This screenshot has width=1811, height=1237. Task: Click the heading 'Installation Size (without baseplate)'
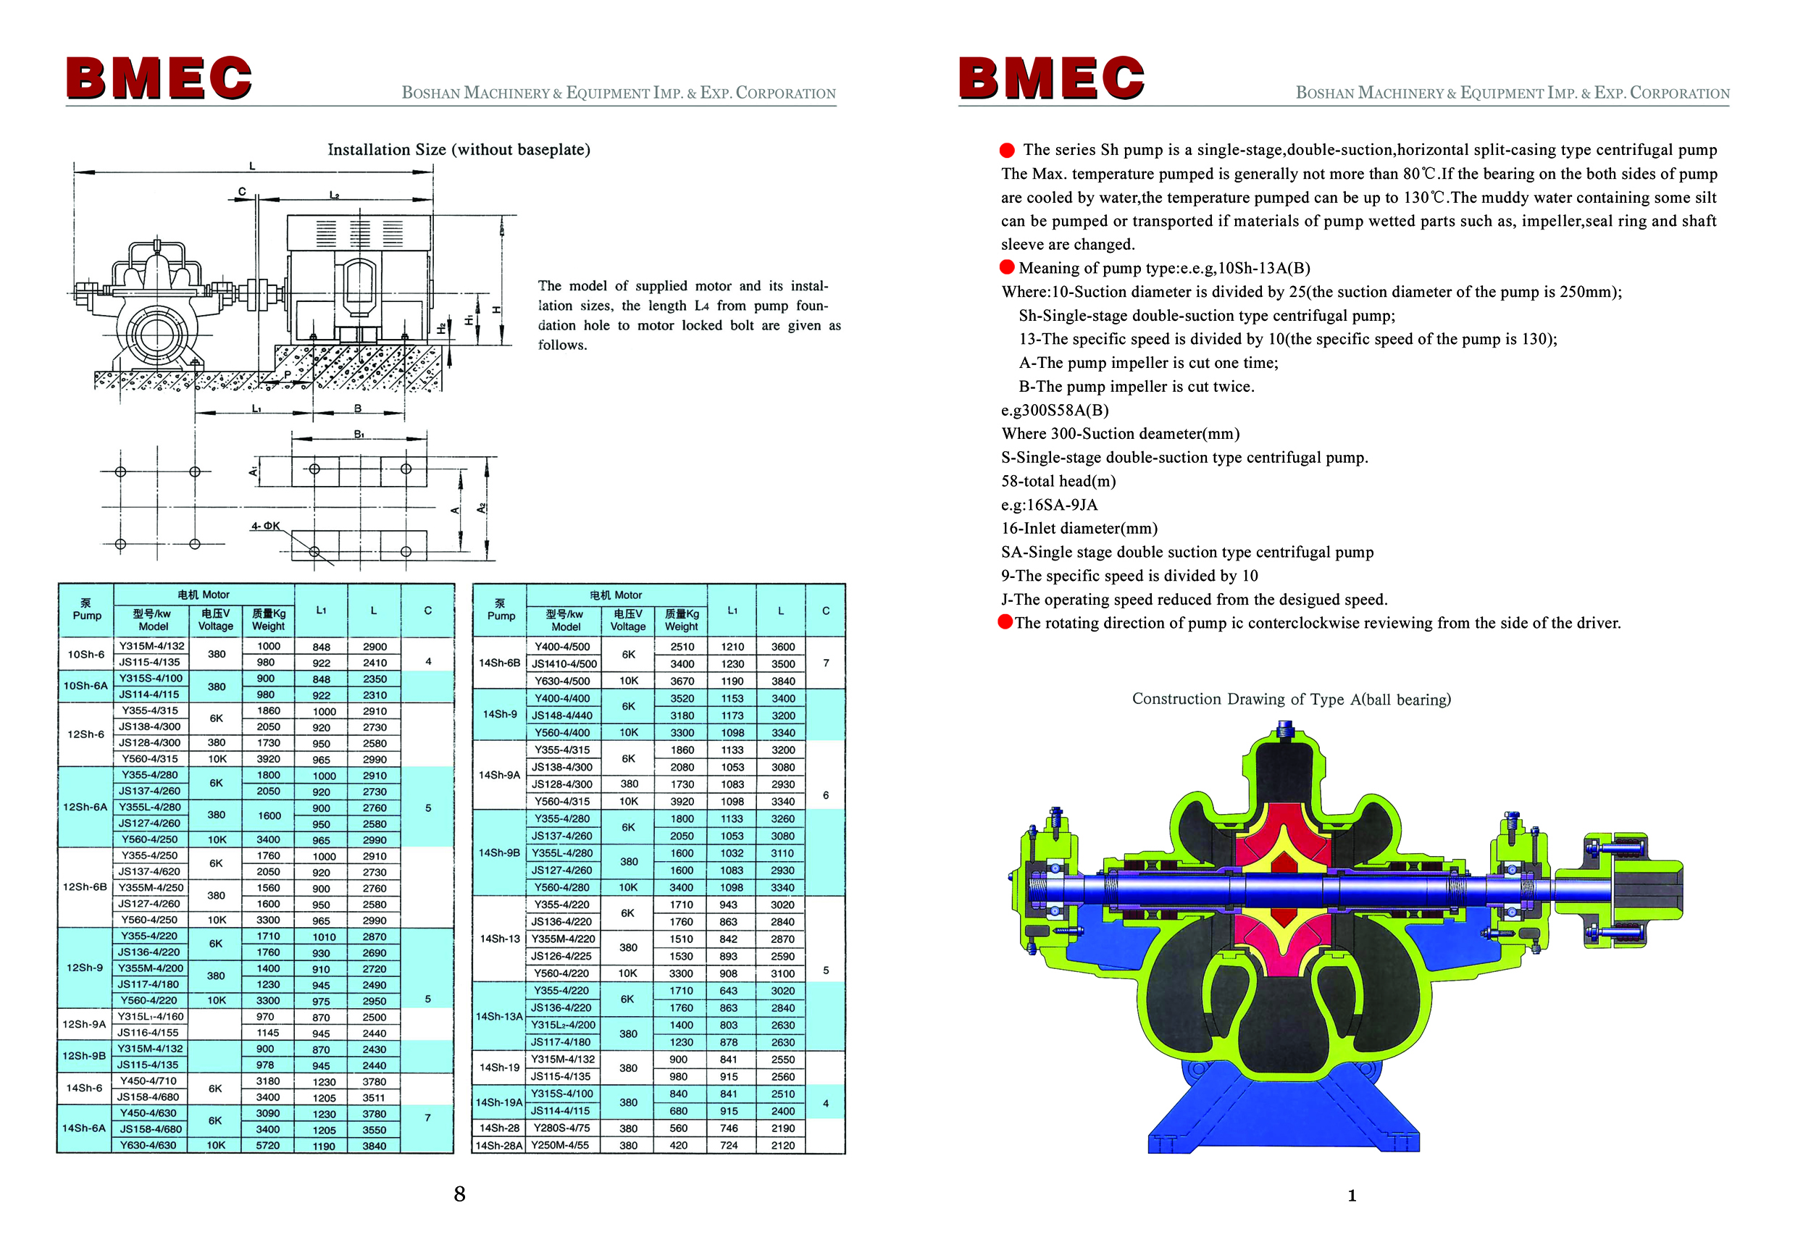[459, 150]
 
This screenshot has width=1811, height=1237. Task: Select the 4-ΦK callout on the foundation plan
[265, 526]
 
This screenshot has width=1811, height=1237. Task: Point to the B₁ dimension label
[359, 434]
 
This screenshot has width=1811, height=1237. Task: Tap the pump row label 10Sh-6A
[85, 687]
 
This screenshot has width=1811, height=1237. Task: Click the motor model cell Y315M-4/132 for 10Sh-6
[151, 646]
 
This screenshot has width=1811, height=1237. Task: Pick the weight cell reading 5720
[268, 1145]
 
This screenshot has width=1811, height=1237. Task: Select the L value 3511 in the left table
[374, 1097]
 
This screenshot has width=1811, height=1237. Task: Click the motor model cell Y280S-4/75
[561, 1128]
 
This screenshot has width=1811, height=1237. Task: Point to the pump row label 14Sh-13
[500, 939]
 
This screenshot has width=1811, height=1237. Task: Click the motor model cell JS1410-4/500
[564, 663]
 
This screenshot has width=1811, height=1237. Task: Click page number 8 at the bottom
[460, 1194]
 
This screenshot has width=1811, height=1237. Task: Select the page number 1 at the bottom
[1352, 1196]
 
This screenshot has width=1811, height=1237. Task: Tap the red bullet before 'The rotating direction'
[1005, 621]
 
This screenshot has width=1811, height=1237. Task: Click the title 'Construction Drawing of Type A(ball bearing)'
[1291, 699]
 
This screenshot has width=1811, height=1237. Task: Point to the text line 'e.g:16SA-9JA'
[1049, 505]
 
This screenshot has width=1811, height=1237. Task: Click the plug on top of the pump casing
[1286, 731]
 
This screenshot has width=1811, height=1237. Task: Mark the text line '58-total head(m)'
[1058, 482]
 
